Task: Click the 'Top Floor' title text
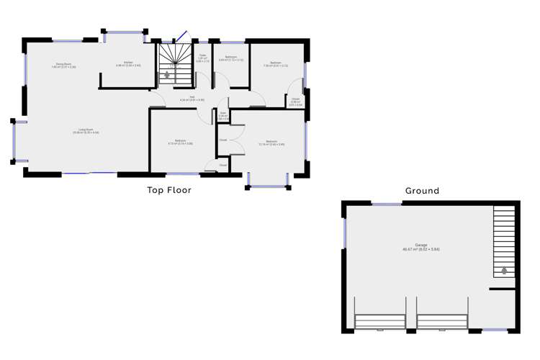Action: (x=169, y=190)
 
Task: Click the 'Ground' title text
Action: (x=421, y=191)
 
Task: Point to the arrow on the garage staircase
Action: (x=504, y=270)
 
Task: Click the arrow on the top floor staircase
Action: (x=168, y=73)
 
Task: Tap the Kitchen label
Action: (x=128, y=64)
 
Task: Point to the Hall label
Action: (x=192, y=99)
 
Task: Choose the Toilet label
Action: (x=204, y=58)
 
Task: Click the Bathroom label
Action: (x=231, y=58)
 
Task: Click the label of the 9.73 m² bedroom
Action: (x=180, y=142)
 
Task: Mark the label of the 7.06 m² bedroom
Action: (x=275, y=64)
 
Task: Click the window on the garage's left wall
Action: (x=345, y=234)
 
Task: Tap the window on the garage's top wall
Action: (x=382, y=204)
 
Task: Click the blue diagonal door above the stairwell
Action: (x=180, y=37)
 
